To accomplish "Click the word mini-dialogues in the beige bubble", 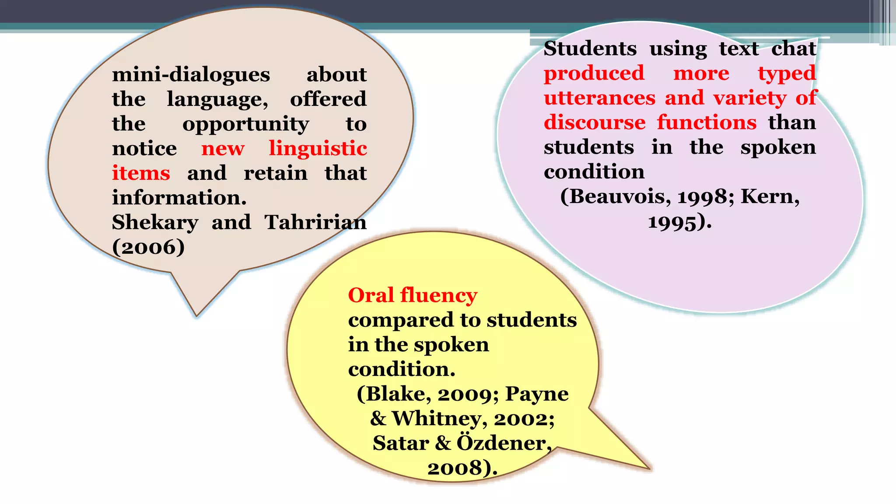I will (191, 75).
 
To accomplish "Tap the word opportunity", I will (245, 125).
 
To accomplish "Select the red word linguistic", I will (318, 149).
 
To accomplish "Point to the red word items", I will (141, 173).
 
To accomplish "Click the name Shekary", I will (155, 222).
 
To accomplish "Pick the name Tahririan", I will (315, 222).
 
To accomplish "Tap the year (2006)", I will (148, 247).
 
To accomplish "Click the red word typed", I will (787, 73).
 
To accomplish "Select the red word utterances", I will (599, 98).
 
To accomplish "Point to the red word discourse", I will (595, 122).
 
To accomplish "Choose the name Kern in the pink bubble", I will (770, 197).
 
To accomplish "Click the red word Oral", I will (371, 295).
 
